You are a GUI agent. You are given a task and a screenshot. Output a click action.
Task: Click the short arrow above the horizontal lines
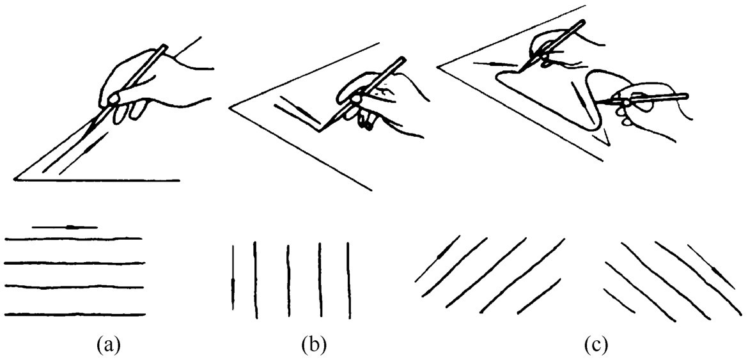pos(64,226)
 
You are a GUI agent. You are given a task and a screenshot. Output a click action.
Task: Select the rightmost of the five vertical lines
pos(348,279)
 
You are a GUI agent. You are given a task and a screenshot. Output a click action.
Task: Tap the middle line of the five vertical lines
pos(288,279)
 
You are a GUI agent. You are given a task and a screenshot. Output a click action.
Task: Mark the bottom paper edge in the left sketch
pos(99,180)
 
